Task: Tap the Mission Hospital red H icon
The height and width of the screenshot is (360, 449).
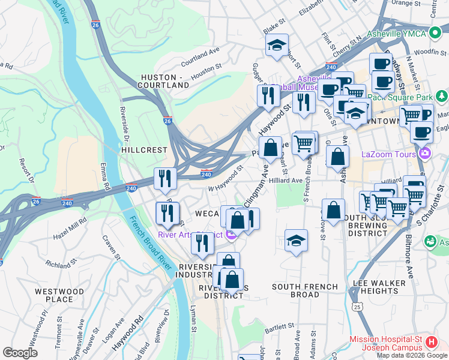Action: click(430, 343)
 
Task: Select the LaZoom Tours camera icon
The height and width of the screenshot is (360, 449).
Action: click(426, 153)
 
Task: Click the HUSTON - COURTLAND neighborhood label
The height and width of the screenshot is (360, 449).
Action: click(165, 82)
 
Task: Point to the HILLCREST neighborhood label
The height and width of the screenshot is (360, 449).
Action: click(143, 149)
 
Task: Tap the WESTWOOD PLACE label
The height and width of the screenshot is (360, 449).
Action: click(59, 295)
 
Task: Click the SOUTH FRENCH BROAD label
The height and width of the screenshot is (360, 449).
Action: click(295, 290)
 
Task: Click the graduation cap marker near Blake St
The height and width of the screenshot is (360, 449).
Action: click(277, 45)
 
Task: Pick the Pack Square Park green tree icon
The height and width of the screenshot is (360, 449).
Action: click(442, 95)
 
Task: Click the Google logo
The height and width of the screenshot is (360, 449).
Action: click(20, 353)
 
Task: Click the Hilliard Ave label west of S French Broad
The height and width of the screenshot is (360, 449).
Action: click(286, 180)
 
